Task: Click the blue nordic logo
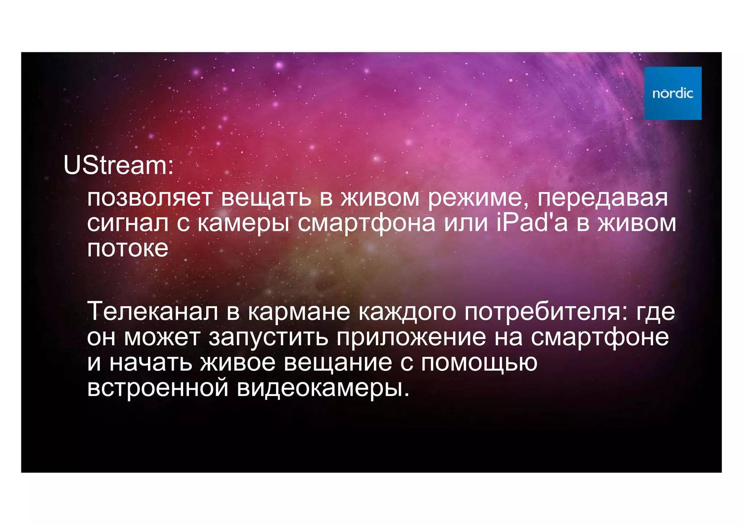pyautogui.click(x=673, y=93)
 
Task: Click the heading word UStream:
pyautogui.click(x=119, y=165)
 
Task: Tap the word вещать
pyautogui.click(x=266, y=198)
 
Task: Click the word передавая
pyautogui.click(x=602, y=198)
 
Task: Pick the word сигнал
pyautogui.click(x=128, y=223)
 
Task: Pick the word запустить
pyautogui.click(x=268, y=338)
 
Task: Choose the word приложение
pyautogui.click(x=411, y=338)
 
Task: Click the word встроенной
pyautogui.click(x=158, y=387)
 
